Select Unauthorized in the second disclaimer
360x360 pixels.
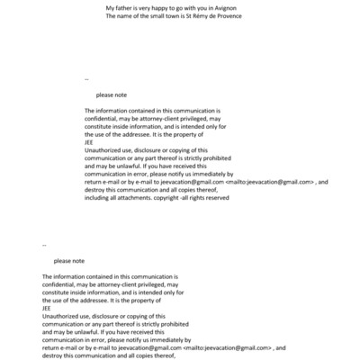[64, 315]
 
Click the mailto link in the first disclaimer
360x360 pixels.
[269, 181]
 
